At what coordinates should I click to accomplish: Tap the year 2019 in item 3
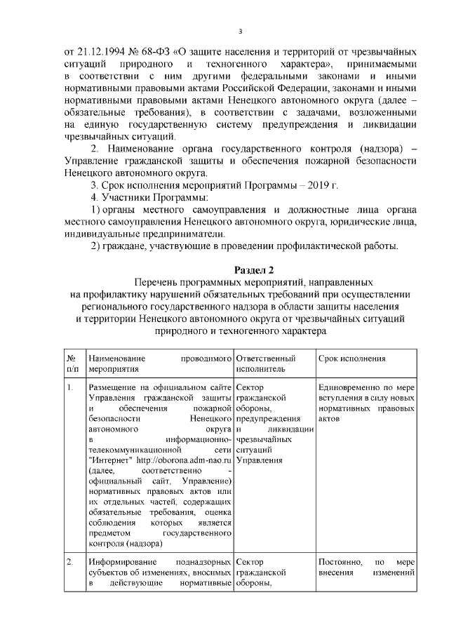click(319, 185)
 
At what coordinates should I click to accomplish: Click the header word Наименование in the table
click(117, 358)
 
